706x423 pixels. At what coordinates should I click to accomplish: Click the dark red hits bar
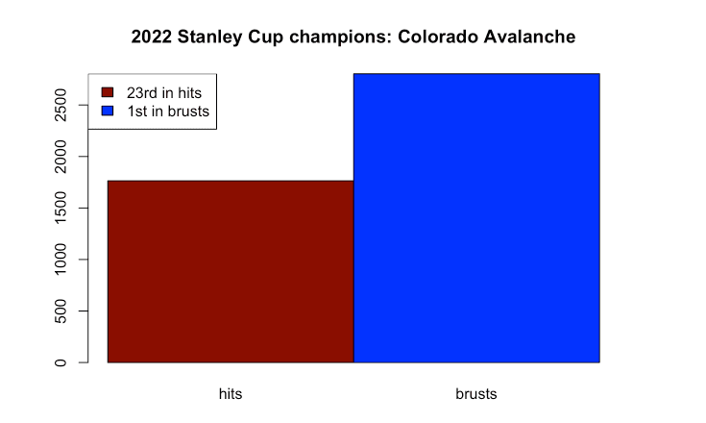click(x=231, y=272)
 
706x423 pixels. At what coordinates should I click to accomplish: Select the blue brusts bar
click(x=476, y=217)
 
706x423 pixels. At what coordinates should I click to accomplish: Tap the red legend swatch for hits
click(x=108, y=92)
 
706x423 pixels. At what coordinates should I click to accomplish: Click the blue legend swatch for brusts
click(x=108, y=111)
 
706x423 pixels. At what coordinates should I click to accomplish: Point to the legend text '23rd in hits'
click(x=164, y=93)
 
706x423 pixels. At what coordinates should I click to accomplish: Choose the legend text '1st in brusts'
click(x=168, y=112)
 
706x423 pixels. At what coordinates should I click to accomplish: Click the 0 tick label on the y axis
click(x=61, y=362)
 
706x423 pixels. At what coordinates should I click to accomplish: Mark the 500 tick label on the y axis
click(x=61, y=311)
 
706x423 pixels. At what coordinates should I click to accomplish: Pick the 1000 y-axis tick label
click(x=61, y=259)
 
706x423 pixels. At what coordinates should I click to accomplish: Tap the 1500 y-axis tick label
click(x=61, y=208)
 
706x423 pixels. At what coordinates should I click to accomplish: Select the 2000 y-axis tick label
click(x=61, y=157)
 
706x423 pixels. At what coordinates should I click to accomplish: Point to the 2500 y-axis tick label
click(x=61, y=105)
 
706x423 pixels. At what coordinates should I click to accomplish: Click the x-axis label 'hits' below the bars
click(x=231, y=394)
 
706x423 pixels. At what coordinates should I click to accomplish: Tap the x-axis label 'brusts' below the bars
click(x=476, y=394)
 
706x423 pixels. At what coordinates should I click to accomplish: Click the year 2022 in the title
click(x=152, y=37)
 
